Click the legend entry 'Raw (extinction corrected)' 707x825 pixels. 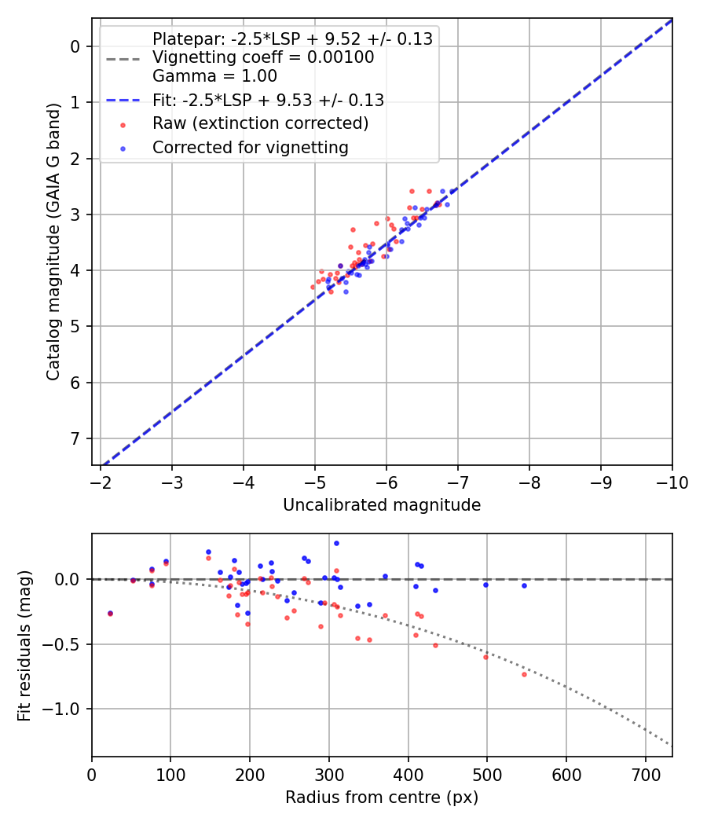coord(260,123)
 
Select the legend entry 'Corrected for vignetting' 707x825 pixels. coord(251,147)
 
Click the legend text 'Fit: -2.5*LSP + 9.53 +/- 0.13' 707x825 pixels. coord(268,100)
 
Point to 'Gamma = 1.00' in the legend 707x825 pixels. coord(214,76)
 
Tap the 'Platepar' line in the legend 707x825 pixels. coord(292,39)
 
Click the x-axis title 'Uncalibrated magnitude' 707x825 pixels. coord(382,505)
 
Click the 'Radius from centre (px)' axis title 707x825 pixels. coord(382,797)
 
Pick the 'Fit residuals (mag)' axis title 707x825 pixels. coord(24,646)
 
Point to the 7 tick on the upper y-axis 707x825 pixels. coord(76,438)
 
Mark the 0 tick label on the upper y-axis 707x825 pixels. coord(76,46)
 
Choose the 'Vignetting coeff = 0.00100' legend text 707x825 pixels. coord(263,57)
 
